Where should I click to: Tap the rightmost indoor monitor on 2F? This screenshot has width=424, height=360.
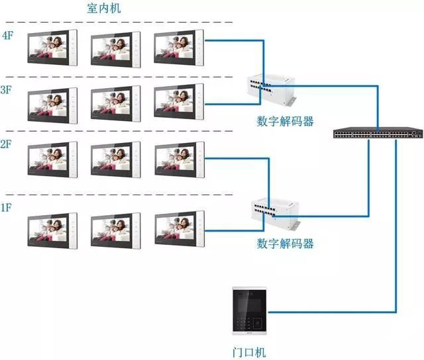(180, 161)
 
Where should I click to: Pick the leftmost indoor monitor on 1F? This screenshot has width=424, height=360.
(52, 230)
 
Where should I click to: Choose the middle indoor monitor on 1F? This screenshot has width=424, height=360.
(116, 230)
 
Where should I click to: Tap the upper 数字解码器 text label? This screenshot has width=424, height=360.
(285, 122)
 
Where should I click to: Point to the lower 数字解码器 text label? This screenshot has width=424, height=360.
(285, 244)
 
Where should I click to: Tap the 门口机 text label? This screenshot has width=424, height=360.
(249, 353)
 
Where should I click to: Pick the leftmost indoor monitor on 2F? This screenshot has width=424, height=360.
(52, 161)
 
